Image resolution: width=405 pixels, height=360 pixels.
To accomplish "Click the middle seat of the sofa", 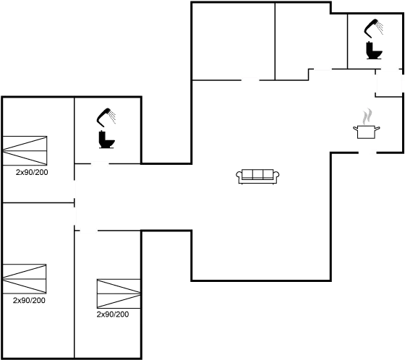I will pos(258,175).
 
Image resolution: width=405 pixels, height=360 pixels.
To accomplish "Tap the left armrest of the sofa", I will pos(239,176).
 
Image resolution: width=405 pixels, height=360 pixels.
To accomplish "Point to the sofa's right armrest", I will pos(277,176).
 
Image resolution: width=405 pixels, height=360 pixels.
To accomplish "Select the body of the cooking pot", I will pos(367,131).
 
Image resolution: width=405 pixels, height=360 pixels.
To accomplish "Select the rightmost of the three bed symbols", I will pos(117,296).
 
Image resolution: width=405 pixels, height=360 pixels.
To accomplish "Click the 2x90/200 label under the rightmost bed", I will pos(114,314).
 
